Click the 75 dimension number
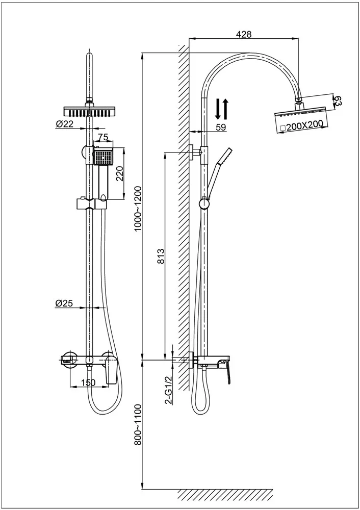[x=103, y=137]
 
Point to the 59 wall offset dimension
[x=221, y=127]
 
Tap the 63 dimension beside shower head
[x=337, y=100]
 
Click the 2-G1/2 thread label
[x=168, y=389]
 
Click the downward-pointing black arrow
[x=218, y=108]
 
